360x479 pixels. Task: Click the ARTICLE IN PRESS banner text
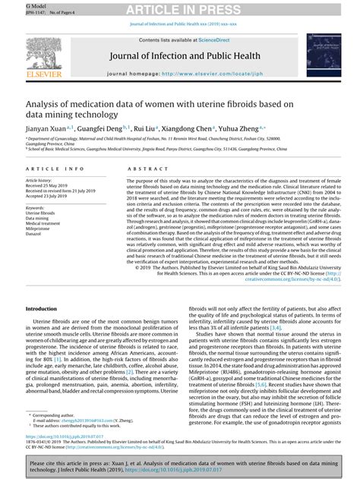click(180, 8)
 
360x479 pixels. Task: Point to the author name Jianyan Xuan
click(47, 129)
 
